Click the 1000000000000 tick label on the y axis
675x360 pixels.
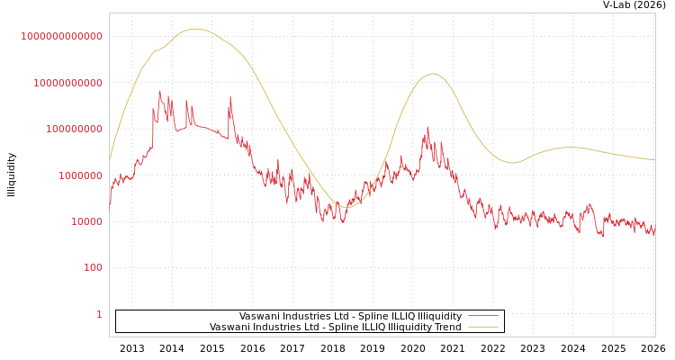(x=61, y=36)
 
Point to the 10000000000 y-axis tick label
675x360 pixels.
(x=67, y=83)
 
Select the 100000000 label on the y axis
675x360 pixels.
(x=73, y=129)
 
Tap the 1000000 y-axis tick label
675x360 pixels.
(x=79, y=175)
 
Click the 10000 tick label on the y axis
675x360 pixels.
(x=85, y=221)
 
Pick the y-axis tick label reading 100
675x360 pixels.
(x=93, y=267)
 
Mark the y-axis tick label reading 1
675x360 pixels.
(x=99, y=314)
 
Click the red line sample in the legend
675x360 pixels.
(x=483, y=316)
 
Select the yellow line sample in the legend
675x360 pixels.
(x=483, y=327)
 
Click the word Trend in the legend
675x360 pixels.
(x=446, y=327)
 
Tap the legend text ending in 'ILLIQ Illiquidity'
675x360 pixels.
(x=350, y=316)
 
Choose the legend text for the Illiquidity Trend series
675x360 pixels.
(x=335, y=327)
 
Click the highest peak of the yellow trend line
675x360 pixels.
(x=196, y=29)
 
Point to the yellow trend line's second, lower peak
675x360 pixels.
(x=433, y=74)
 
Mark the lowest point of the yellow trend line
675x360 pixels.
(x=346, y=207)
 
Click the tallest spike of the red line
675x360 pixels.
(x=160, y=90)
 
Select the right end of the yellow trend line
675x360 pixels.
(x=654, y=160)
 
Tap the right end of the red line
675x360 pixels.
(x=654, y=232)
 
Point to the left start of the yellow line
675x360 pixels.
(x=110, y=160)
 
